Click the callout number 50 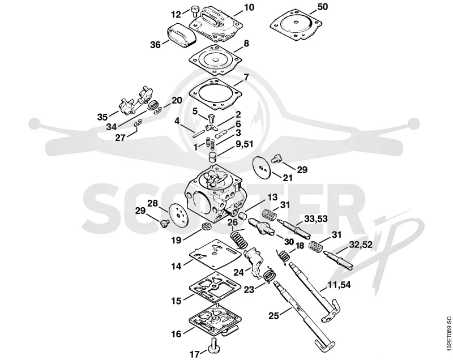(x=322, y=7)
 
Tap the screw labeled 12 (x=194, y=12)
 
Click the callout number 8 (x=246, y=44)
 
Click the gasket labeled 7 (x=216, y=94)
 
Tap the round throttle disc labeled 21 (x=262, y=167)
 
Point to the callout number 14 (x=176, y=266)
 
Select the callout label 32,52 (x=361, y=245)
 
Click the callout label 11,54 (x=339, y=285)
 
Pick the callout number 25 (x=274, y=315)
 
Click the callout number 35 (x=102, y=117)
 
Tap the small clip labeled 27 (x=138, y=123)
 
